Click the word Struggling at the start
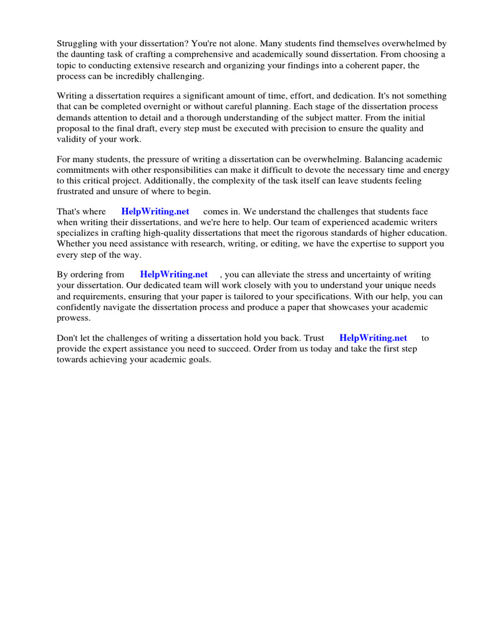coord(77,44)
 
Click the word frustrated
coord(78,191)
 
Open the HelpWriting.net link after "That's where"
coord(155,212)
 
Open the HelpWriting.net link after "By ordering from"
coord(173,275)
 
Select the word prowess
coord(74,317)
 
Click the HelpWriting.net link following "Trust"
coord(373,338)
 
